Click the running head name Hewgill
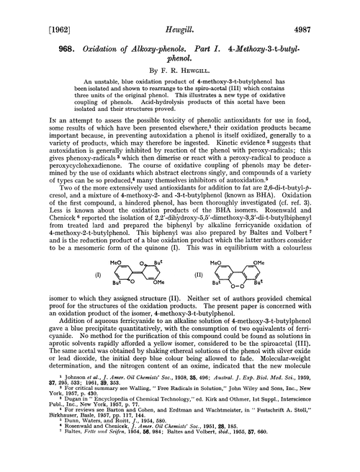180,12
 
